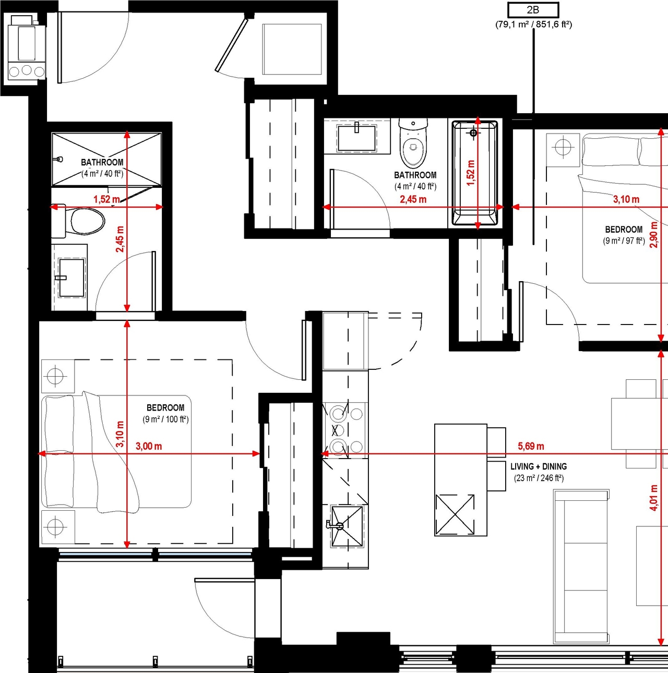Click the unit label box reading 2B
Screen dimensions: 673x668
tap(533, 10)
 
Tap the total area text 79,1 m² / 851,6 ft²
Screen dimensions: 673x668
tap(533, 25)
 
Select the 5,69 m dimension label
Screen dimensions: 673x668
tap(531, 446)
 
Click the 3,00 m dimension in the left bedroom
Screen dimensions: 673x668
tap(149, 446)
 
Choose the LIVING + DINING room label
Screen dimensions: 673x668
tap(539, 467)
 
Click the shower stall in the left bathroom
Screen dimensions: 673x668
tap(106, 159)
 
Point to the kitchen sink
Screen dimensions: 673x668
tap(346, 526)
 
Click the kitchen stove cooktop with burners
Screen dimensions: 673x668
tap(345, 430)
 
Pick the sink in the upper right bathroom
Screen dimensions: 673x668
tap(357, 137)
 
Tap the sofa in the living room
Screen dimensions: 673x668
tap(581, 567)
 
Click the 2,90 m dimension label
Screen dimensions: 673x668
tap(653, 234)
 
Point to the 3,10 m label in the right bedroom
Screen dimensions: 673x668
tap(626, 199)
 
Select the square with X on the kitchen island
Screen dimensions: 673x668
tap(455, 515)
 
